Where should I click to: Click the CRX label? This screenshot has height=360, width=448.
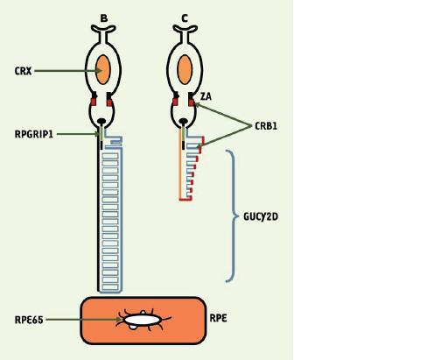[23, 71]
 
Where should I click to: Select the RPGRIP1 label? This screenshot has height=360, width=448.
[34, 134]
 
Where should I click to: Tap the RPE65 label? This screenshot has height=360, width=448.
[29, 320]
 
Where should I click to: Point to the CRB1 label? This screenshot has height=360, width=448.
[266, 126]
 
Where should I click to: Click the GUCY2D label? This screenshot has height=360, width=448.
[261, 216]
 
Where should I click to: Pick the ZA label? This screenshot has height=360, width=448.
[206, 96]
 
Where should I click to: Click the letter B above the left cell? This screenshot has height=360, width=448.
[104, 18]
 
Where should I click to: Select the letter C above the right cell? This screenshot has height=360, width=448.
[185, 18]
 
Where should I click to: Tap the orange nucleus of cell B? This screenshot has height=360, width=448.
[102, 70]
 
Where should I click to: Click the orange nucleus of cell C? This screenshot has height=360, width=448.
[185, 70]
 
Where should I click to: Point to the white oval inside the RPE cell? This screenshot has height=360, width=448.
[143, 320]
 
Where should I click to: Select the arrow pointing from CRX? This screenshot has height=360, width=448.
[68, 71]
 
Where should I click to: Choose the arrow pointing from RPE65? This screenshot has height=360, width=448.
[84, 320]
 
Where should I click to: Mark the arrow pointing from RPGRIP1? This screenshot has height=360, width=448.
[78, 134]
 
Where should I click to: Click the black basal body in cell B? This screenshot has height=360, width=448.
[101, 121]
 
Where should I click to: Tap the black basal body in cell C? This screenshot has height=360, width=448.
[183, 121]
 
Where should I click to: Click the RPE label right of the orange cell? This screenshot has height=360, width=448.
[218, 318]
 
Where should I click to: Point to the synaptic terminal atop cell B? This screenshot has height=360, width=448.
[103, 29]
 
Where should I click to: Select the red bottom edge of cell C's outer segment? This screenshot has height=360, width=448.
[185, 200]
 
